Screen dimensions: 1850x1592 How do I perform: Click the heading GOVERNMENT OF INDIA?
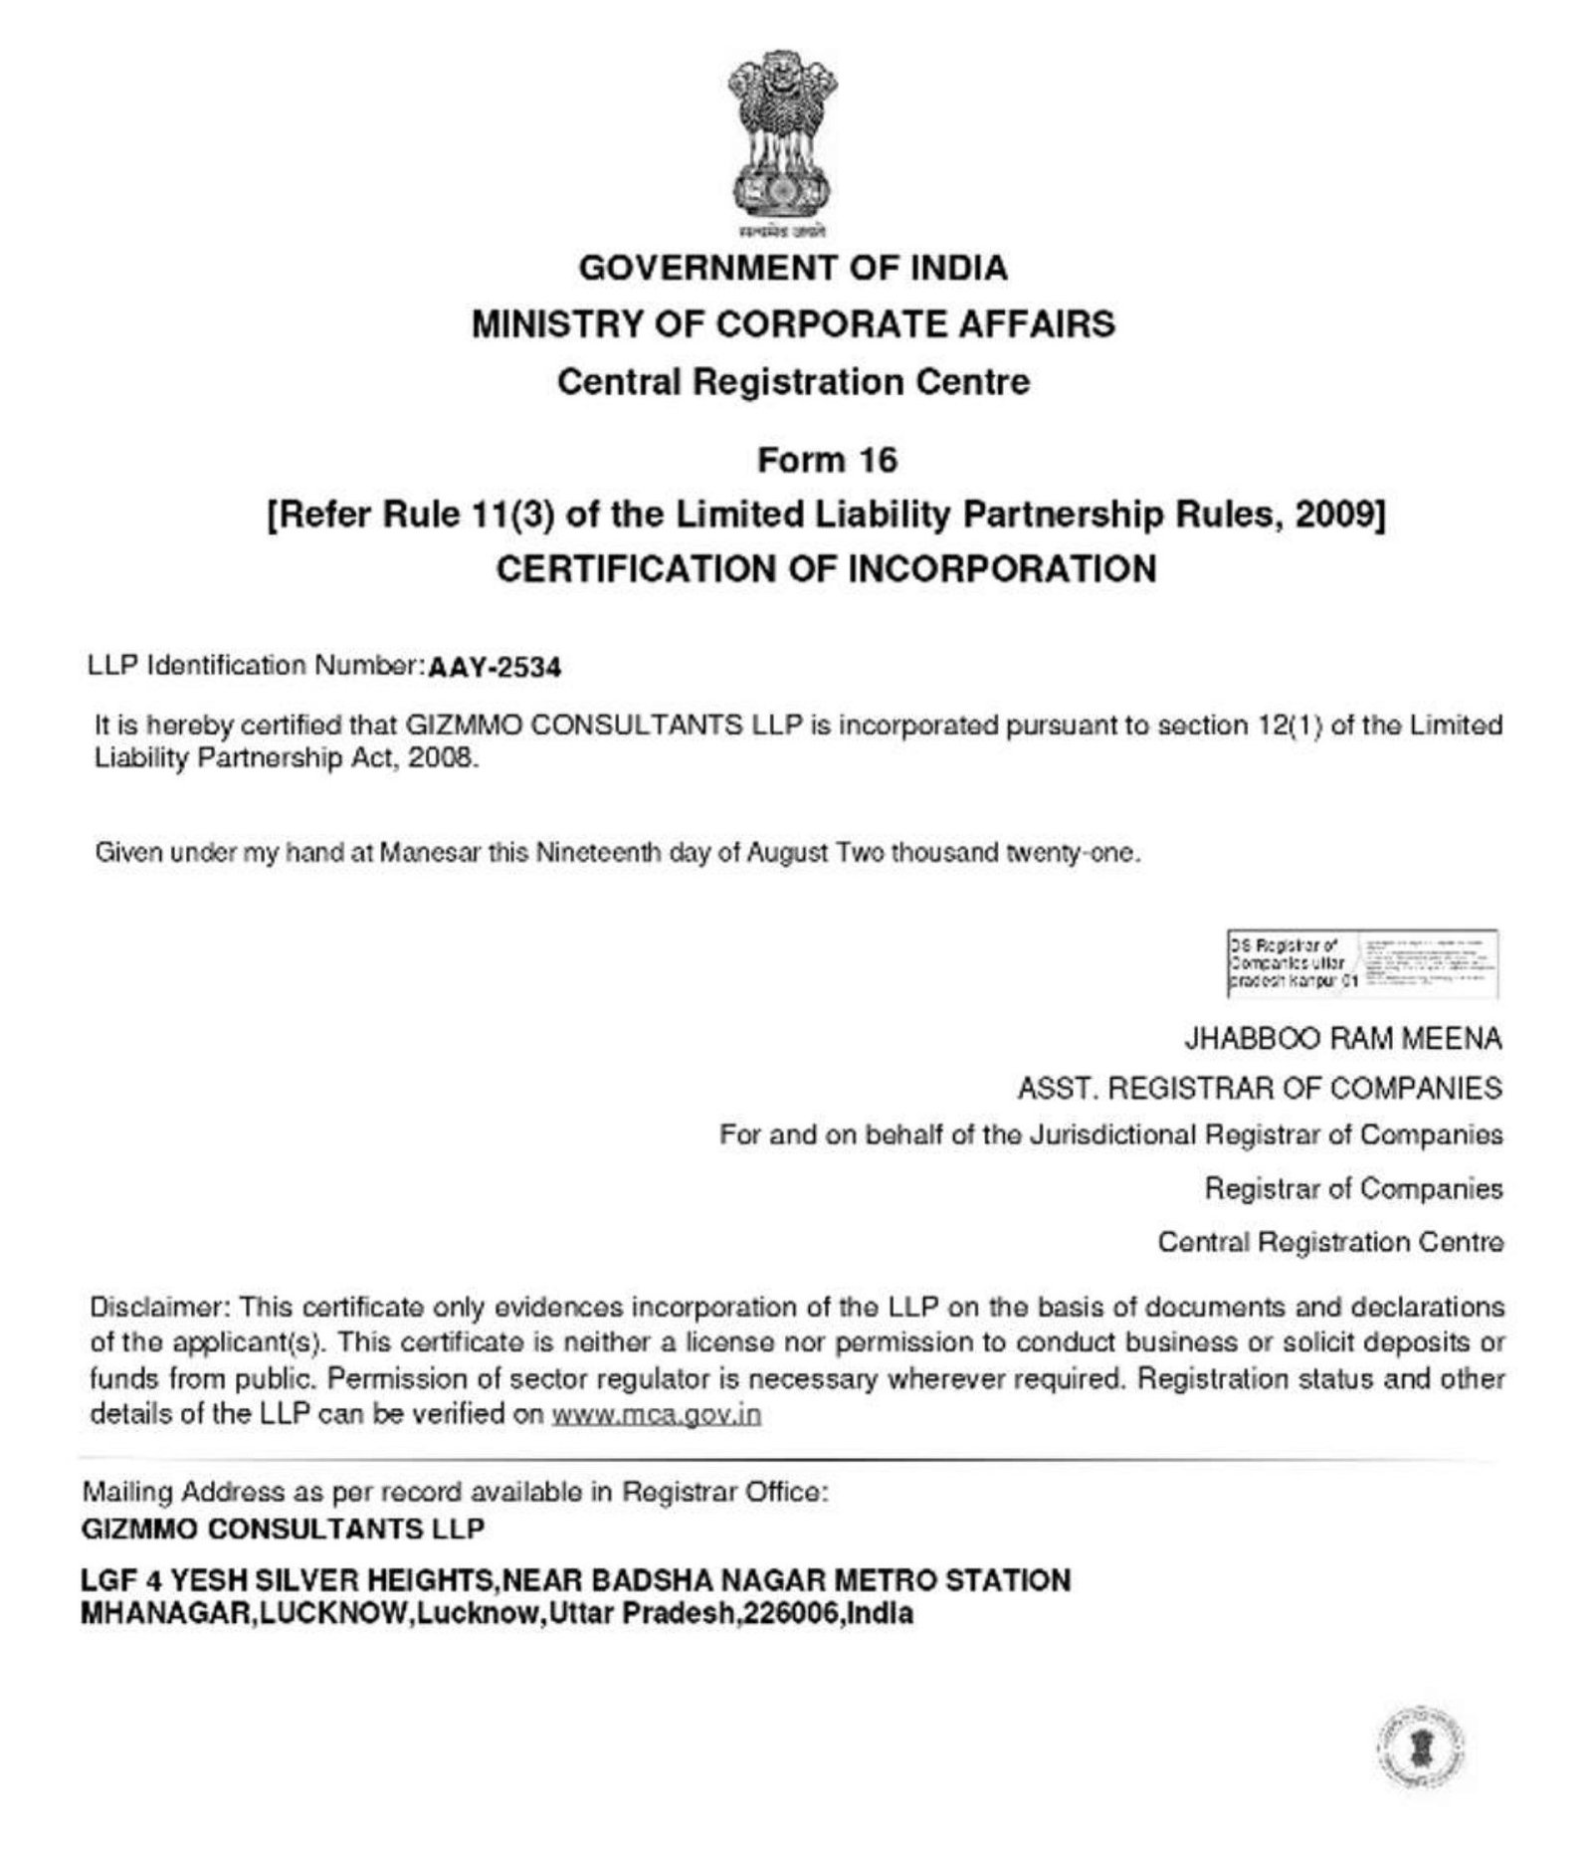click(x=793, y=268)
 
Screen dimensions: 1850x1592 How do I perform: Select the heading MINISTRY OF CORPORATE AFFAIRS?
click(x=793, y=324)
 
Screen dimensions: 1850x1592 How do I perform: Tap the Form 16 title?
click(x=827, y=460)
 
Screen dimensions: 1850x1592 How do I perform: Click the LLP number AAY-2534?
click(x=494, y=667)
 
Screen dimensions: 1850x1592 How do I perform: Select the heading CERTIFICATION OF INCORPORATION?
click(x=826, y=569)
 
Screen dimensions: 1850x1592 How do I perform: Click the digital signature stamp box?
click(x=1362, y=962)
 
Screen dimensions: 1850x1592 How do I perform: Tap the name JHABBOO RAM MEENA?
click(x=1342, y=1039)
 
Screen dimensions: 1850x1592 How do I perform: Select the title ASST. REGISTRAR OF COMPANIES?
click(x=1259, y=1089)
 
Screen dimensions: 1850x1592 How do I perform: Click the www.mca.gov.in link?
click(x=656, y=1414)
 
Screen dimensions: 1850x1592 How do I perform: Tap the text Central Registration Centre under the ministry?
click(x=793, y=382)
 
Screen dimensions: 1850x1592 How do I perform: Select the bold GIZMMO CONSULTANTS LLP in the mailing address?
click(x=283, y=1529)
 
